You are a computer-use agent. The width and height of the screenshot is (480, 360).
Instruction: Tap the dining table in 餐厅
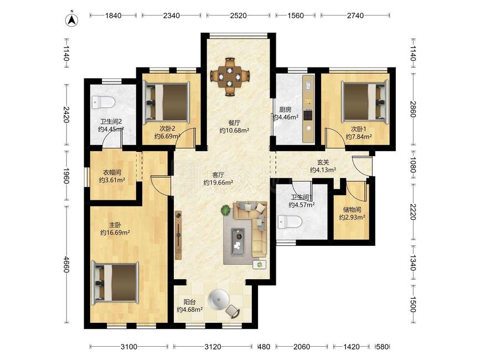click(230, 76)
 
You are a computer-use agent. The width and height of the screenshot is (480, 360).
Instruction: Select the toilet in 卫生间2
click(103, 102)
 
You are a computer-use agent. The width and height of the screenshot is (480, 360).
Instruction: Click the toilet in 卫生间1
click(290, 222)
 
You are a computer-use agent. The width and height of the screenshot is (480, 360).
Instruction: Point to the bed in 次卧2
click(167, 102)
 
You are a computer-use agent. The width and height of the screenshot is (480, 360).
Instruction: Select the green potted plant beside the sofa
click(226, 210)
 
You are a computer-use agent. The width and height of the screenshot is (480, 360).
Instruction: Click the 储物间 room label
click(352, 210)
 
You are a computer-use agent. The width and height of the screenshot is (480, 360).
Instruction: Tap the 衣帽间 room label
click(112, 172)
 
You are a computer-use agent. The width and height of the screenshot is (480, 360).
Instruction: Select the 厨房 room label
click(285, 109)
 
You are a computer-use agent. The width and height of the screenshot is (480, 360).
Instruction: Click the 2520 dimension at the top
click(238, 16)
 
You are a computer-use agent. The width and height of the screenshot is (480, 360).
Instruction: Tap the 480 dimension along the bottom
click(264, 347)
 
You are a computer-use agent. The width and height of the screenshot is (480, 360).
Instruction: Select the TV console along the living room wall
click(178, 235)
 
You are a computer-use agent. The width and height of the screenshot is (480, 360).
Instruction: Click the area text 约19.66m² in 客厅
click(218, 183)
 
